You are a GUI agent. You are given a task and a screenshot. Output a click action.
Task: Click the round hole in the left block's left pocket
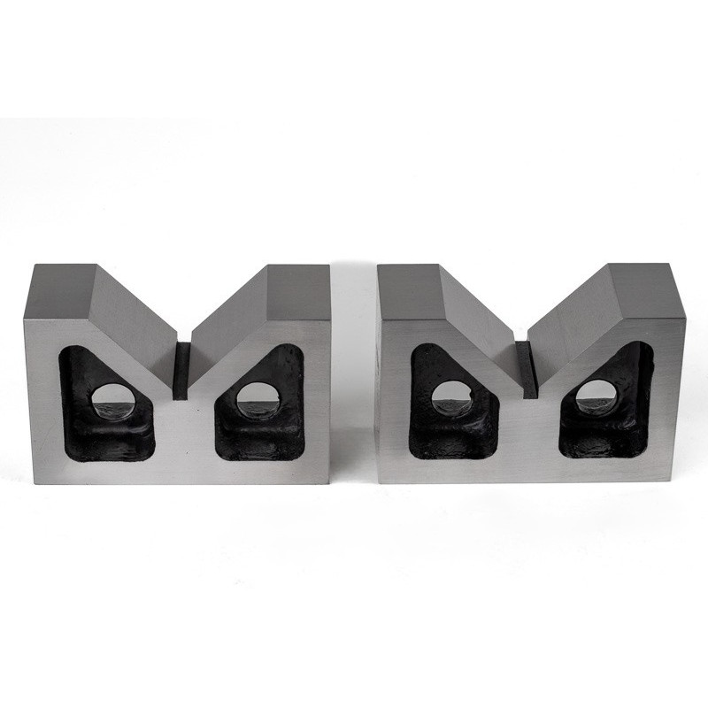pyautogui.click(x=111, y=401)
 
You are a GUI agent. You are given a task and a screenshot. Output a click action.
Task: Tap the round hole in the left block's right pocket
pyautogui.click(x=258, y=400)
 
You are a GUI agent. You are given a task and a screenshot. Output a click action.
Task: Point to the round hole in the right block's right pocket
pyautogui.click(x=596, y=399)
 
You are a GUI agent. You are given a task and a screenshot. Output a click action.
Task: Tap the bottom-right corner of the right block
pyautogui.click(x=682, y=481)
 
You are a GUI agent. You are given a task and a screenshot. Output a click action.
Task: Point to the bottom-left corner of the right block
pyautogui.click(x=378, y=480)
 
